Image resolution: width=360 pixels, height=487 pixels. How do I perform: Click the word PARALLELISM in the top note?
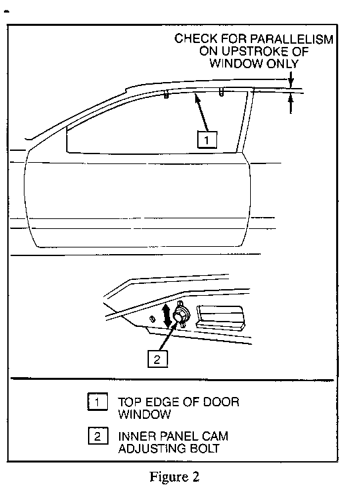pos(291,39)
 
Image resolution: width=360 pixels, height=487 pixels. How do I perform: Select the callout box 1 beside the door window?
pos(207,140)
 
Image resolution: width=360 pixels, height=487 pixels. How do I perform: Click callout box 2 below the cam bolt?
pos(157,359)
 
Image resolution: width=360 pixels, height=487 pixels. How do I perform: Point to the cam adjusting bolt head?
pos(179,314)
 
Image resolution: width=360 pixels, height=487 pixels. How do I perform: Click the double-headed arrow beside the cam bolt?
pos(167,316)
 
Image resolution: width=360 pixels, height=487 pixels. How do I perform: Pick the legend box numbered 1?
pos(97,402)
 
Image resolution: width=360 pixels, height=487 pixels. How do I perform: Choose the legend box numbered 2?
pos(98,436)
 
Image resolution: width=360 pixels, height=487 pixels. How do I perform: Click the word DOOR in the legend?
pos(221,402)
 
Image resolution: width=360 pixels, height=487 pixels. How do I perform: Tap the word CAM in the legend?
pos(215,436)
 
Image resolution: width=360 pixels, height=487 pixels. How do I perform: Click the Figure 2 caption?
pos(174,476)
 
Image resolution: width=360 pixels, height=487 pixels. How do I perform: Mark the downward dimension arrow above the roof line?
pos(291,80)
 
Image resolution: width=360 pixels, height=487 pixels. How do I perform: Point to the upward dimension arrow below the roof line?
pos(291,103)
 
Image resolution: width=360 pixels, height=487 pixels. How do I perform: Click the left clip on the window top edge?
pos(166,95)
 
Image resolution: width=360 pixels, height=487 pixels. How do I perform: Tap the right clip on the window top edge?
pos(221,92)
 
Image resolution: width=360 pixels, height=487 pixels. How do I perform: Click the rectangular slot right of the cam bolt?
pos(220,316)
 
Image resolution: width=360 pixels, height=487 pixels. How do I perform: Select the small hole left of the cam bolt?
pos(152,319)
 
